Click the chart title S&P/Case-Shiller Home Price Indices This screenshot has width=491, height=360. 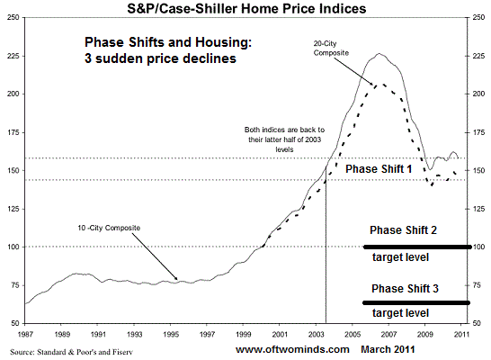246,8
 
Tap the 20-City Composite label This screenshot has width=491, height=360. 331,49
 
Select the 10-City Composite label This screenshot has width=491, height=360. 109,228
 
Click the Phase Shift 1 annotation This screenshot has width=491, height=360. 379,169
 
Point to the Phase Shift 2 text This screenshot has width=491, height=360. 403,230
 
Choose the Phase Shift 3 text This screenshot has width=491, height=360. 405,289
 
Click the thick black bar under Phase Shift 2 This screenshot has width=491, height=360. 417,247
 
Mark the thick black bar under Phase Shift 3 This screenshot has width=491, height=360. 416,302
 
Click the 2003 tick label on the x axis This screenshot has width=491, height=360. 316,334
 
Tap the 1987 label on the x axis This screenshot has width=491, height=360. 25,334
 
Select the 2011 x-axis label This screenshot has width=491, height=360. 461,334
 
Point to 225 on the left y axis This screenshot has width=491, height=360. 13,56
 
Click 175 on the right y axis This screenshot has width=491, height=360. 478,132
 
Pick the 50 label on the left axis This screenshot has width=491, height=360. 15,323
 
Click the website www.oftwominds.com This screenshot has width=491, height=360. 292,349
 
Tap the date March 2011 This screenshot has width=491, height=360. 388,349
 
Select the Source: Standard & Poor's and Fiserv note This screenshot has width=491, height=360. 71,352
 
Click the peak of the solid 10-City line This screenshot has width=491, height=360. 379,54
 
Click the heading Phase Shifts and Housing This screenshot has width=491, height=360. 168,42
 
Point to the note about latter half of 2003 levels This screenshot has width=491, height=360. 284,139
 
